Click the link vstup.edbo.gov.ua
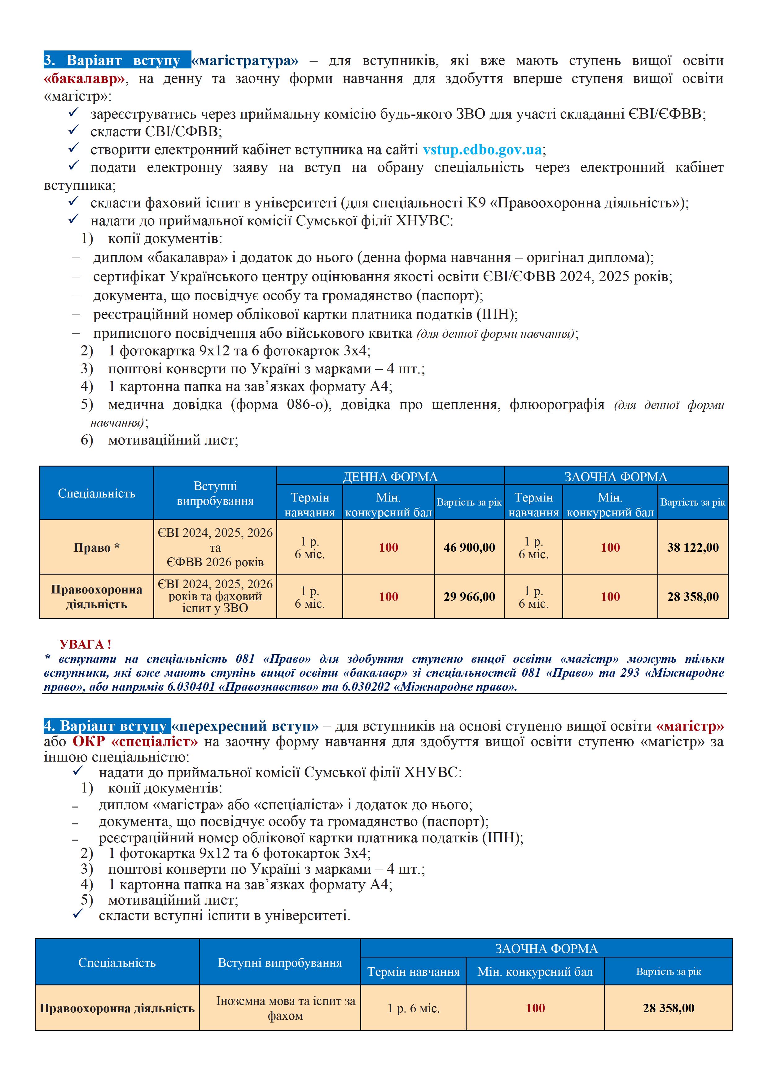coord(482,150)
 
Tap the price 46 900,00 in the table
coord(469,547)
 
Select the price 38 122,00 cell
coord(693,547)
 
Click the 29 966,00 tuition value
coord(469,597)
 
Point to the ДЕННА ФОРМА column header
coord(390,476)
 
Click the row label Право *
coord(97,547)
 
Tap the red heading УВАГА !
coord(85,644)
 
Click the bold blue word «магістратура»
coord(245,61)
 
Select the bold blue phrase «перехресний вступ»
coord(245,726)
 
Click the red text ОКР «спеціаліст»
coord(135,741)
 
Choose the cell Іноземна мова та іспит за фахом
coord(285,1008)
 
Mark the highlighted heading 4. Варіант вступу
coord(107,726)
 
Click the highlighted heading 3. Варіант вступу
coord(117,61)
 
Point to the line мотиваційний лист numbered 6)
coord(173,440)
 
